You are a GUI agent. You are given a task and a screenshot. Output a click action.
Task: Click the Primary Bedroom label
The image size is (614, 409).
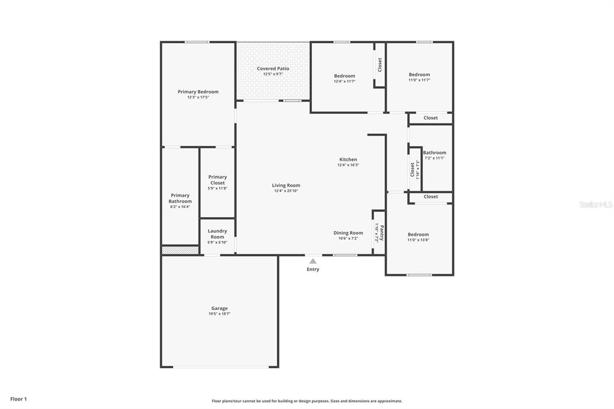(x=198, y=92)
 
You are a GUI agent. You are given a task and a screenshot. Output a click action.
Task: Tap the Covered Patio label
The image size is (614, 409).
(x=273, y=69)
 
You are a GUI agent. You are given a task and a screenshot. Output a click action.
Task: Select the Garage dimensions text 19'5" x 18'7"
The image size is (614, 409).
(x=219, y=314)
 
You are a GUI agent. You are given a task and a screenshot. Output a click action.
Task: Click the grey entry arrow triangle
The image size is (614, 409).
(x=312, y=261)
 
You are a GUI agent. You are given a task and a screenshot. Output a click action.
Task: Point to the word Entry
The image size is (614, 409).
(x=313, y=269)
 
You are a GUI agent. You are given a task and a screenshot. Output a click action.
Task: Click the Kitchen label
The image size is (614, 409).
(x=348, y=160)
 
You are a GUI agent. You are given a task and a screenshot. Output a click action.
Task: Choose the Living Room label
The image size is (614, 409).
(x=286, y=185)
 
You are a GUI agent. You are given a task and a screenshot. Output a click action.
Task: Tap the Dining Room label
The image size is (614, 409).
(x=348, y=233)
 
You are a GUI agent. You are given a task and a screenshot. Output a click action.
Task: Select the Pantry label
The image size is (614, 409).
(x=381, y=232)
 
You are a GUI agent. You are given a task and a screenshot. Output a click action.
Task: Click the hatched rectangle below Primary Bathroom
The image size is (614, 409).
(x=180, y=250)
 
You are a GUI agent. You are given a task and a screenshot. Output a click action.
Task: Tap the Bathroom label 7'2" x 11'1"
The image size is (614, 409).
(x=435, y=153)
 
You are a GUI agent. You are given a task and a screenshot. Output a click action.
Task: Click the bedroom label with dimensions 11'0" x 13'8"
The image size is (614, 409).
(x=418, y=234)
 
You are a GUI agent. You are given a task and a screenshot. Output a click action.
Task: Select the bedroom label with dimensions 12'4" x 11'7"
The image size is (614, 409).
(x=344, y=76)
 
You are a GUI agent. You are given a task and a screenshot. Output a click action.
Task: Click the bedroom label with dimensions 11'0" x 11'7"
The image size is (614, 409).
(x=419, y=75)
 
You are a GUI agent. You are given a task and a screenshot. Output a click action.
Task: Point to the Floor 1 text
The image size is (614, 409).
(x=19, y=399)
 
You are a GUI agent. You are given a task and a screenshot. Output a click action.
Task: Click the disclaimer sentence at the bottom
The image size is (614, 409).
(x=307, y=401)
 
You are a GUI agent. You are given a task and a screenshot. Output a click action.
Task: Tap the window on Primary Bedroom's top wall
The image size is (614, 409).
(x=197, y=42)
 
